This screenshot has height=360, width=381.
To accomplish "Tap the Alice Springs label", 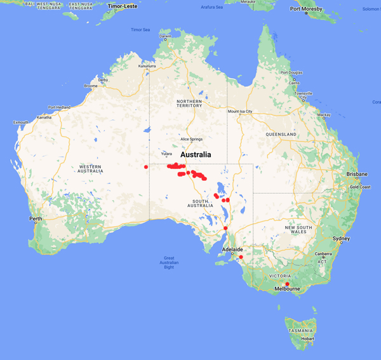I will [x=192, y=139].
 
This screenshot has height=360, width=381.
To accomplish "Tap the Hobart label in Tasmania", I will [x=307, y=339].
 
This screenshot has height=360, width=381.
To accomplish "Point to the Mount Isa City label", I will [x=241, y=112].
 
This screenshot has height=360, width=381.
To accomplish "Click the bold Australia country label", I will [x=201, y=155].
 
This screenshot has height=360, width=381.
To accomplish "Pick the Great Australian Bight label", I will [x=169, y=262].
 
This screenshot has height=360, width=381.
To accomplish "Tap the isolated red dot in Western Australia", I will [x=146, y=167].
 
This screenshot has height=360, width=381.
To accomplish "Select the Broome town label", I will [x=91, y=86].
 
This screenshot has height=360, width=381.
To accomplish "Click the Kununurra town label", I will [x=147, y=66].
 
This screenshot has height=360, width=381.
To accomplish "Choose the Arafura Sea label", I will [x=212, y=7].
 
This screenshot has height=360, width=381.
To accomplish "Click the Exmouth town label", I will [x=20, y=122].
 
